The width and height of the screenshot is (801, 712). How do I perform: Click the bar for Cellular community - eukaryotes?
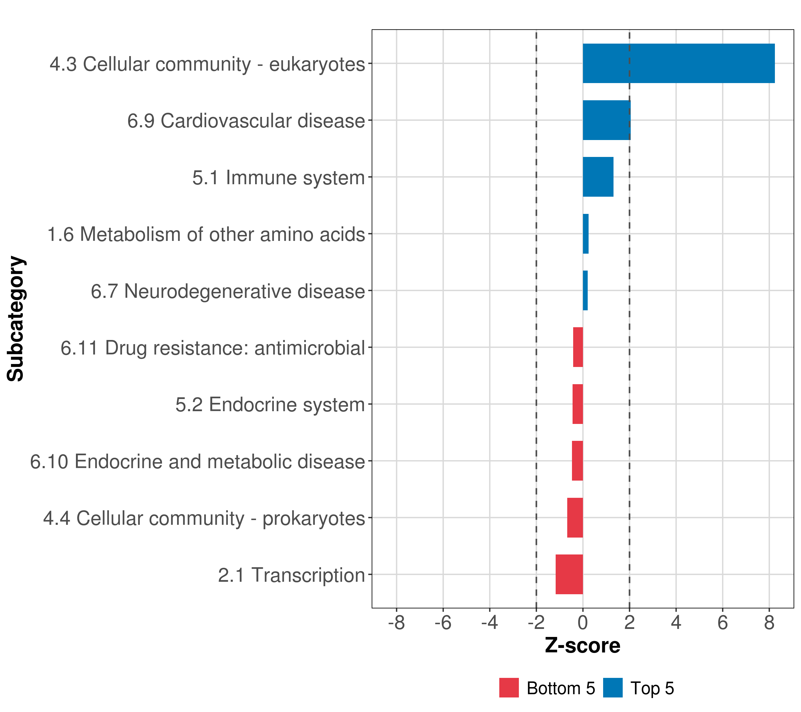point(678,63)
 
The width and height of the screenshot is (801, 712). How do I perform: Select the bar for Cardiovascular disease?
point(606,120)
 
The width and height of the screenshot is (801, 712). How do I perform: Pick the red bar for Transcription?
point(569,574)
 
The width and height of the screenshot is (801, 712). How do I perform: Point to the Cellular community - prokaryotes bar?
point(575,518)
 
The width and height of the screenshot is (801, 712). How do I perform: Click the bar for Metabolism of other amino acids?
point(585,234)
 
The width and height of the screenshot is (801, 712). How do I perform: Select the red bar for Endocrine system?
point(578,404)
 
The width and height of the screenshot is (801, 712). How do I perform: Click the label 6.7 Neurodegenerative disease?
point(228,291)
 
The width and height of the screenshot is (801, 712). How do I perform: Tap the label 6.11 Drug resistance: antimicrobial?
point(213,348)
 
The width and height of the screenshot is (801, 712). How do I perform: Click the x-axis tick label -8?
point(396,623)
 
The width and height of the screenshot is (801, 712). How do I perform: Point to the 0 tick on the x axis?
point(583,623)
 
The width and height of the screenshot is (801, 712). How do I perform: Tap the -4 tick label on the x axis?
point(490,623)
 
